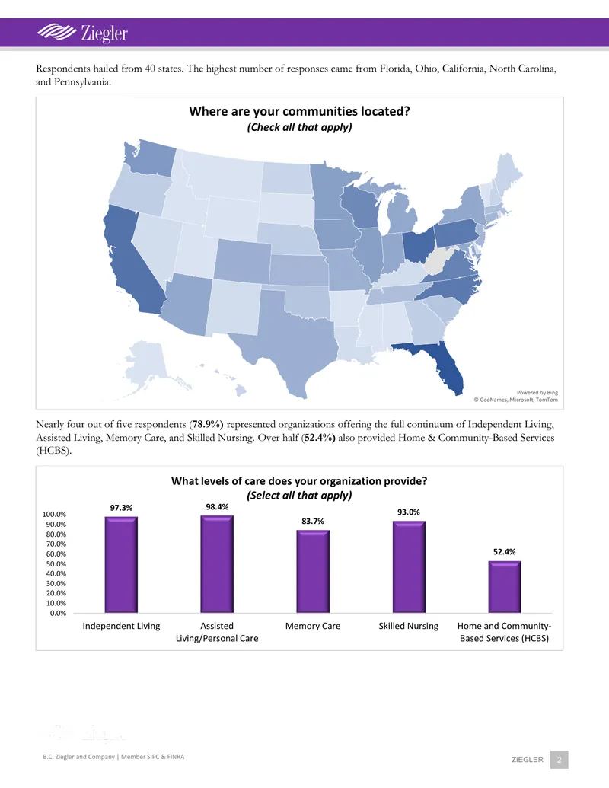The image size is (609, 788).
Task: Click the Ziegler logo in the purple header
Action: [x=82, y=33]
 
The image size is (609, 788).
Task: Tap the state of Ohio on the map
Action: [x=418, y=244]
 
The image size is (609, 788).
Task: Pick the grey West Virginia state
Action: [x=437, y=260]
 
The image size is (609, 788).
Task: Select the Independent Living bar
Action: [x=121, y=565]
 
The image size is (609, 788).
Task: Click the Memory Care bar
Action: [x=313, y=572]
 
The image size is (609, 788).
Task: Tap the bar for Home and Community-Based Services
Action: [x=505, y=587]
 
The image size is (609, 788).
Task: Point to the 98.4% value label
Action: [x=217, y=506]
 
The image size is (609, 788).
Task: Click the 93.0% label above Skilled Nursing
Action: [x=409, y=512]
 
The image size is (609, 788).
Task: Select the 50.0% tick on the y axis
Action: [x=54, y=564]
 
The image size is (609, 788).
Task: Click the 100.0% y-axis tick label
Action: [x=54, y=514]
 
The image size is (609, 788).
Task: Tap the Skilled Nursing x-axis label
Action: [x=409, y=626]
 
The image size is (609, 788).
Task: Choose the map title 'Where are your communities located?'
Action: [x=299, y=111]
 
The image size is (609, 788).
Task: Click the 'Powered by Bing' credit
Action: [x=537, y=393]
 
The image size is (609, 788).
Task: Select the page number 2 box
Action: [x=560, y=759]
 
